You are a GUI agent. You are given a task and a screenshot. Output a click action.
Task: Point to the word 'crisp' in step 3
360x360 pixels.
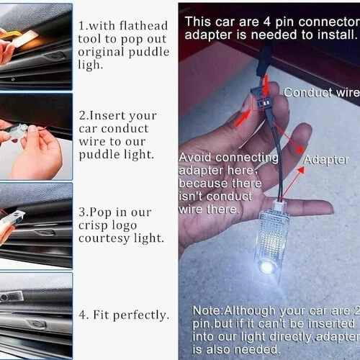[96, 225]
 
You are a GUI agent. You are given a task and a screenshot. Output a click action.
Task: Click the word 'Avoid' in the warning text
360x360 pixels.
[195, 157]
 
